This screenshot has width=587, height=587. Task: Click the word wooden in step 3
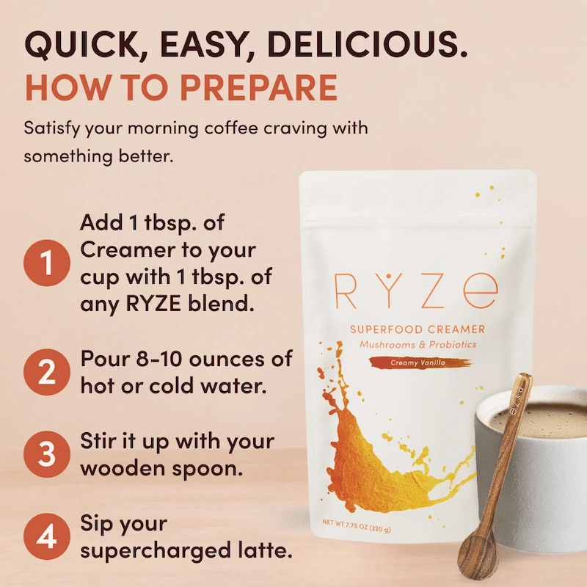[121, 467]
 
